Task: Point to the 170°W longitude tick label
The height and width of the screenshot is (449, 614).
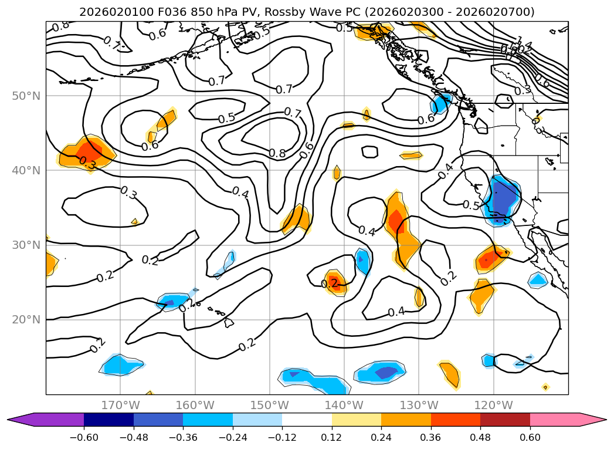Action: (x=120, y=405)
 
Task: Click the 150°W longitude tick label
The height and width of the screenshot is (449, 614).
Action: (x=270, y=405)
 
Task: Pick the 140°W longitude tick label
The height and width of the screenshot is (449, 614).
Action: (x=344, y=405)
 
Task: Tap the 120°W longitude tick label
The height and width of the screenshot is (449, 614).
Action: (x=494, y=405)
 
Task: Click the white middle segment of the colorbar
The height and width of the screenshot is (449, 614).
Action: (x=307, y=419)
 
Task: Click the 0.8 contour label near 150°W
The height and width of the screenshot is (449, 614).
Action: (x=277, y=153)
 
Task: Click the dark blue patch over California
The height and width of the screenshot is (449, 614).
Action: (x=502, y=198)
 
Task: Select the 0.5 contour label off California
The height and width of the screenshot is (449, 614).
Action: (x=471, y=205)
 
